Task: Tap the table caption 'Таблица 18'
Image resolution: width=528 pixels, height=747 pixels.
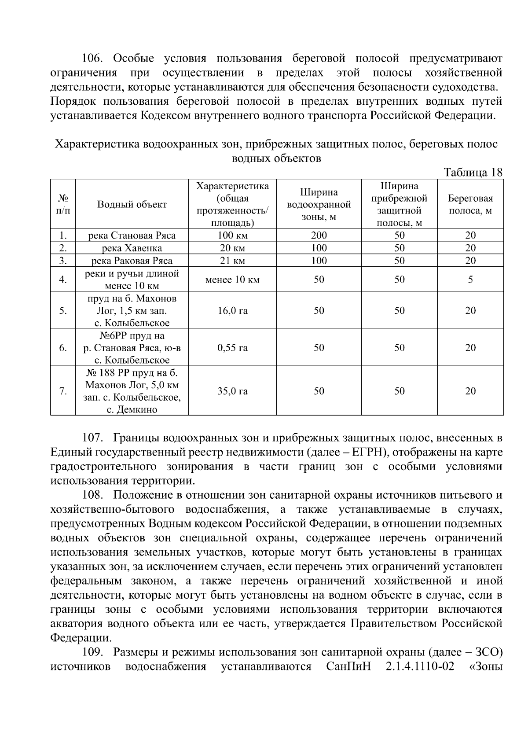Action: (473, 172)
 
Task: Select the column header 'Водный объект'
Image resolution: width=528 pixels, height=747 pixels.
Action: (132, 204)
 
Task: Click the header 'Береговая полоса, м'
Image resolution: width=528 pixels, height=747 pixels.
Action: (470, 204)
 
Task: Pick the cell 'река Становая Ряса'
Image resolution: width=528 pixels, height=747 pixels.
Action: (132, 235)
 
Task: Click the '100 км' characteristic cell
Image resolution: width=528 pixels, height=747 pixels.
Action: (232, 235)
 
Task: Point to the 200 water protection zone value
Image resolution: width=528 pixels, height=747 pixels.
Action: (319, 235)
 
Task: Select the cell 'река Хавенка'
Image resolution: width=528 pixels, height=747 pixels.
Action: (132, 248)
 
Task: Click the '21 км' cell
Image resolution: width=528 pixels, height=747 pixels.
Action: (232, 261)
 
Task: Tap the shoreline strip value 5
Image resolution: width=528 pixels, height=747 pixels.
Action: (470, 280)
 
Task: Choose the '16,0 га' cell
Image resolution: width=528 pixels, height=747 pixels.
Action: (232, 311)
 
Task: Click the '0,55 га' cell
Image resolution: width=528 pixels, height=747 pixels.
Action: (232, 348)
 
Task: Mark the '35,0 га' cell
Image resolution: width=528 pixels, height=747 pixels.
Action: (232, 391)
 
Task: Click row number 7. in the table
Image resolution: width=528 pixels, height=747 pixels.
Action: (63, 391)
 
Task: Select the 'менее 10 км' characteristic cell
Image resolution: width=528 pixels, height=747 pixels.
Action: (232, 280)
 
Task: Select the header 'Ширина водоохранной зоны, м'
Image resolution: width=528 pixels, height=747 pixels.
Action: (319, 204)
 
